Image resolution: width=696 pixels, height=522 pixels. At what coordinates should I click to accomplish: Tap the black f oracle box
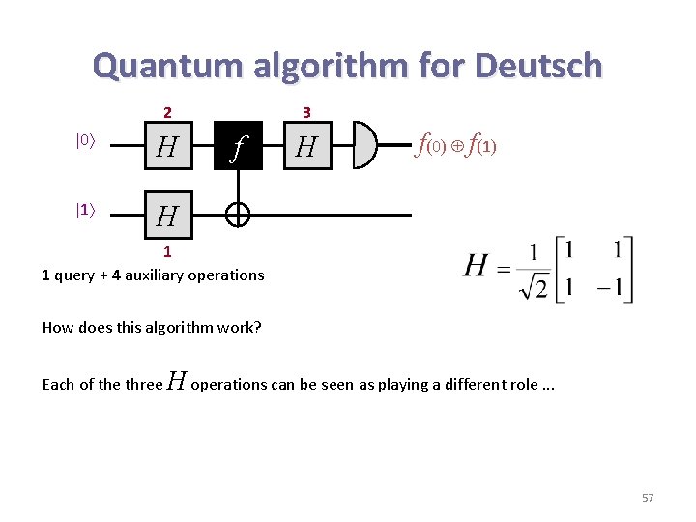coord(238,147)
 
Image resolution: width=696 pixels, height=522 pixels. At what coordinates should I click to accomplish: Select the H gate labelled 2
coord(167,147)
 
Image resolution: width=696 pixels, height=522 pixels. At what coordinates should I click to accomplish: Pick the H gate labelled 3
coord(307,147)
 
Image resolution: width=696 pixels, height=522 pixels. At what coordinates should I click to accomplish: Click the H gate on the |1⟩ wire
coord(167,216)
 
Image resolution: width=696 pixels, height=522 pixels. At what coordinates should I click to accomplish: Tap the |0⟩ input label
coord(85,140)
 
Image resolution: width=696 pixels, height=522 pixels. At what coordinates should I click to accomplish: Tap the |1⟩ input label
coord(85,208)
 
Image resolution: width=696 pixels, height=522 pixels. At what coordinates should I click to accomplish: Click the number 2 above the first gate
coord(167,112)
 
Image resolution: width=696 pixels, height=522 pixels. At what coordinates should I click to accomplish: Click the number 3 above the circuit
coord(306,112)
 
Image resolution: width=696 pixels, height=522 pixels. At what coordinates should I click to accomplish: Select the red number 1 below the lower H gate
coord(167,252)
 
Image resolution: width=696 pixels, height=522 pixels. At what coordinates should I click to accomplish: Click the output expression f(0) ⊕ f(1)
coord(454,147)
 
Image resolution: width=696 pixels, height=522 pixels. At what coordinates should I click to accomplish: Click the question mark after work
coord(258,327)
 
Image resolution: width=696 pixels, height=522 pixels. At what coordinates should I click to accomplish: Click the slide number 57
coord(648,498)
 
